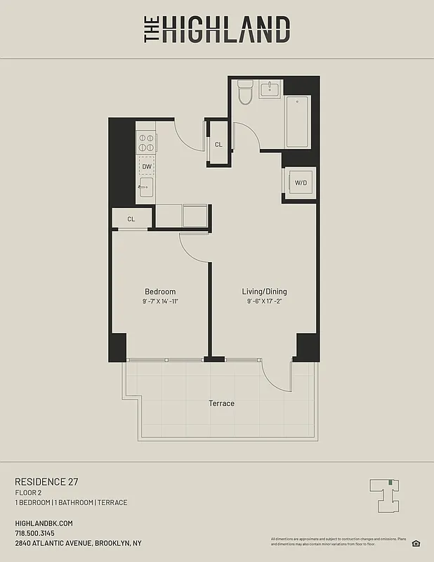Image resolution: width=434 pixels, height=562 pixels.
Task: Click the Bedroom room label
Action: click(160, 292)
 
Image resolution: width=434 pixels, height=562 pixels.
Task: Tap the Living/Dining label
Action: click(264, 292)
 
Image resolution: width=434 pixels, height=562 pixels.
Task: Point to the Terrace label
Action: click(221, 403)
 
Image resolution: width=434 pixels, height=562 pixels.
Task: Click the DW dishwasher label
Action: click(146, 166)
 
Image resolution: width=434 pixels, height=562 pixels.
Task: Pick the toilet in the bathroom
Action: click(245, 92)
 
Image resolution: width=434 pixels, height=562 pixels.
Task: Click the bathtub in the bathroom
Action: click(296, 121)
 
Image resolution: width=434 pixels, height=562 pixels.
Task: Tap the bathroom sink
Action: click(270, 89)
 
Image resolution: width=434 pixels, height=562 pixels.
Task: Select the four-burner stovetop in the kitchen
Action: click(146, 143)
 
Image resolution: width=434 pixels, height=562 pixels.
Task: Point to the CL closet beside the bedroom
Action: click(131, 219)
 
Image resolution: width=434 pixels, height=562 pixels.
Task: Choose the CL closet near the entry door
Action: click(218, 144)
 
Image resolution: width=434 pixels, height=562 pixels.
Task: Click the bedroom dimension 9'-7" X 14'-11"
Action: click(160, 301)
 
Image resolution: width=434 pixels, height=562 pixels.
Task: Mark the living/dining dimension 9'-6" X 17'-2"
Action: click(264, 301)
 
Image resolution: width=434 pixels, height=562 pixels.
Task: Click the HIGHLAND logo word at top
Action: click(225, 30)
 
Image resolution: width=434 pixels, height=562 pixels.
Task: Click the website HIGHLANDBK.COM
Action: click(44, 523)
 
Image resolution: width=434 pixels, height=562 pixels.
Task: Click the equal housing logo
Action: click(416, 542)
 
